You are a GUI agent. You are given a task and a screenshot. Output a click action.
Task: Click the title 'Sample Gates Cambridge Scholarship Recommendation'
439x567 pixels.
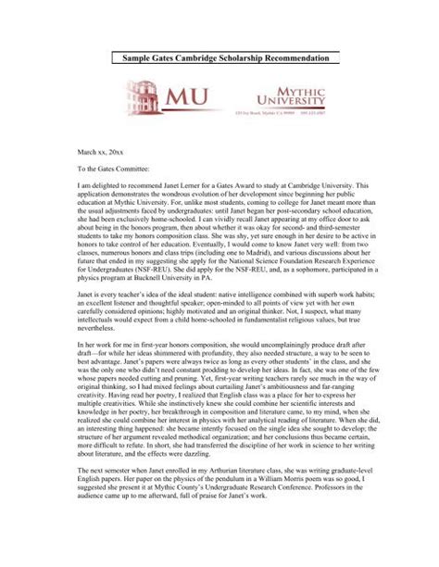pyautogui.click(x=219, y=57)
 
